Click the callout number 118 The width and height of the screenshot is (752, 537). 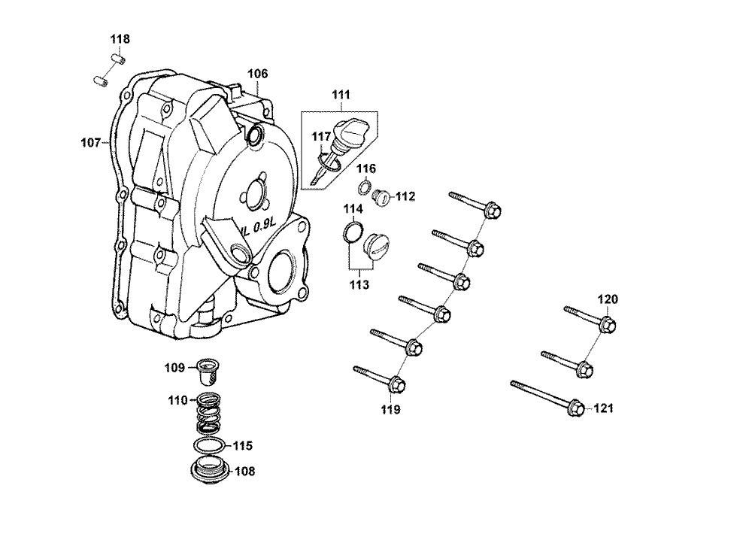(x=120, y=39)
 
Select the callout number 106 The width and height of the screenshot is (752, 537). (x=258, y=74)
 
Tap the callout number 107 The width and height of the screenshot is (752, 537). (x=90, y=141)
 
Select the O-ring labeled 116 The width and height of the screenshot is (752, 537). (x=363, y=187)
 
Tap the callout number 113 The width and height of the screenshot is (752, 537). (x=359, y=284)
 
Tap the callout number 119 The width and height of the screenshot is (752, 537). (x=390, y=410)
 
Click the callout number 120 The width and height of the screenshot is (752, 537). (x=608, y=299)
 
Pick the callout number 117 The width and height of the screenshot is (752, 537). (x=322, y=137)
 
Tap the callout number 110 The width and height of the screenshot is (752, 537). (x=177, y=401)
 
